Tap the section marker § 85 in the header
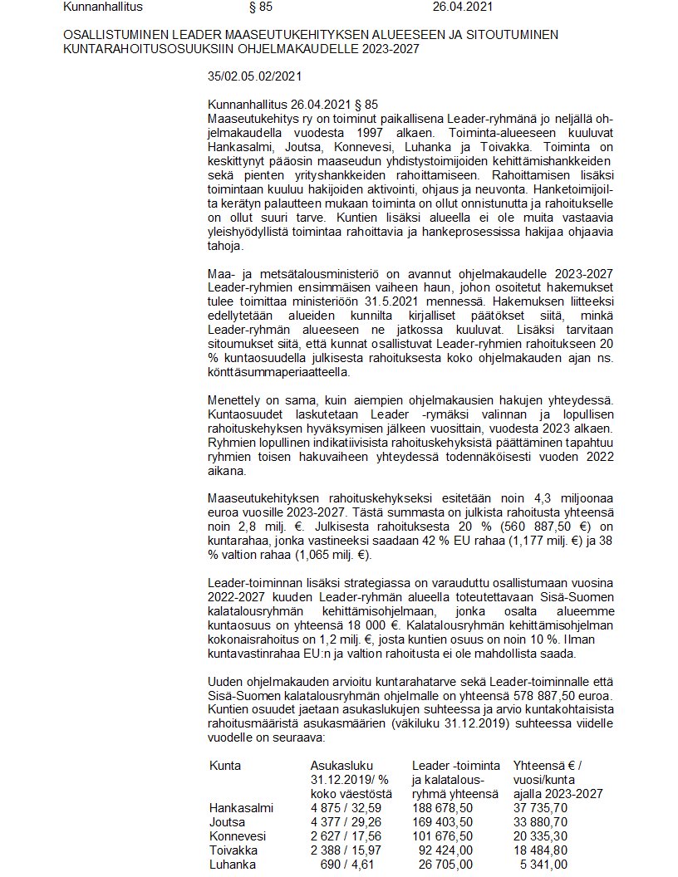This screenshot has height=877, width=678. point(261,7)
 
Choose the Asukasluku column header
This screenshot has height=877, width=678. point(341,764)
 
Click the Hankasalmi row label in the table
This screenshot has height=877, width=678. point(241,807)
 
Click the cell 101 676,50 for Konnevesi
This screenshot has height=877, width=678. point(444,835)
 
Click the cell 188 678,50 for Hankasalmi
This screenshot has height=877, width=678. point(444,807)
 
